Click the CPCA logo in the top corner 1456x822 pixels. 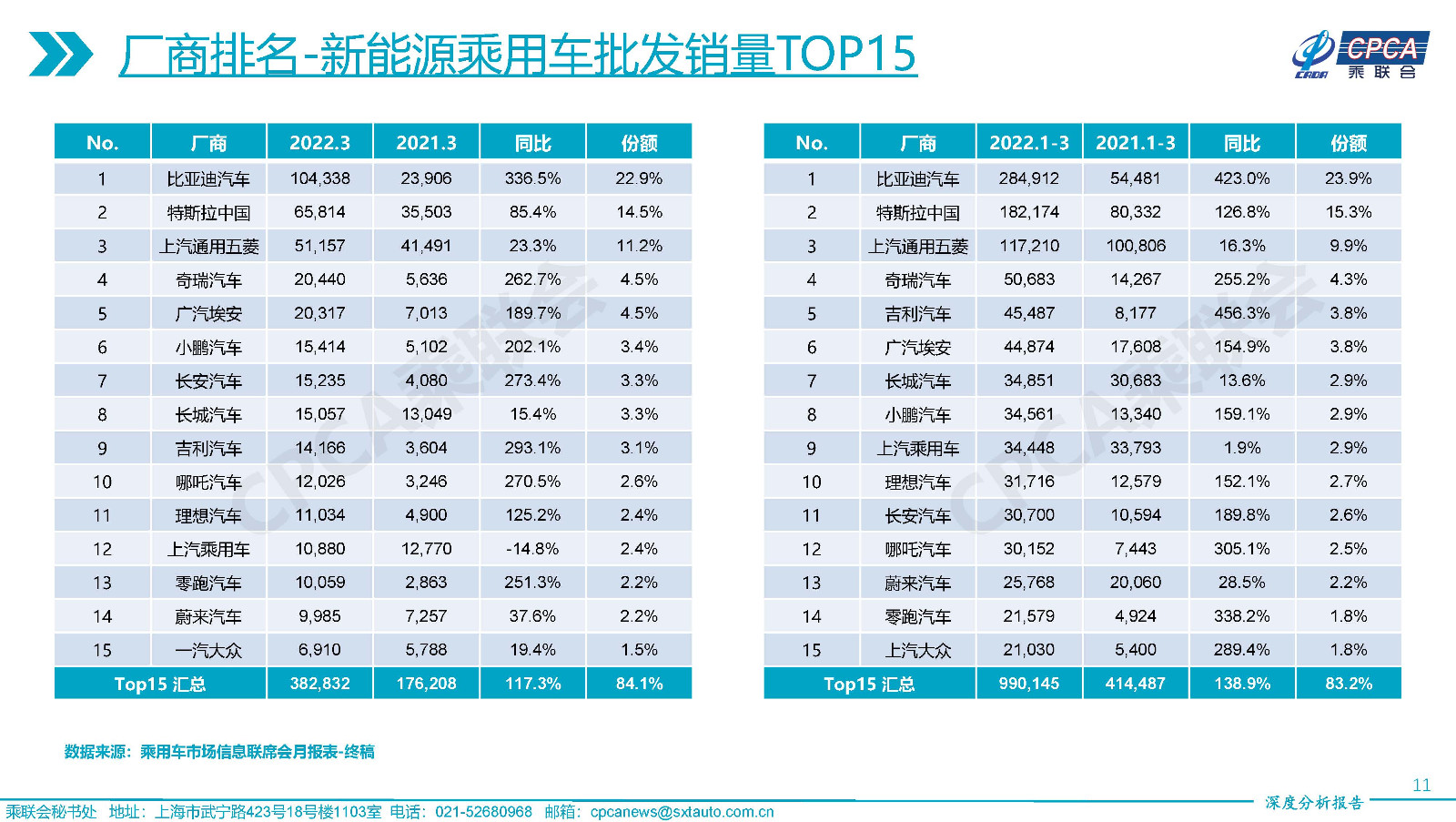[x=1360, y=55]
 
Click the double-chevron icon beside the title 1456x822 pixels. [x=60, y=54]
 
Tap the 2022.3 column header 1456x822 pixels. [x=319, y=143]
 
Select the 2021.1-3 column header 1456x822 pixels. [x=1135, y=143]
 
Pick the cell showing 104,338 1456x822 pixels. [x=319, y=178]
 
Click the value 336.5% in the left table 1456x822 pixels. [x=532, y=178]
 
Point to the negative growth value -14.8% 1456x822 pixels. [x=532, y=549]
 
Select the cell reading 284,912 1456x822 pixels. [x=1028, y=178]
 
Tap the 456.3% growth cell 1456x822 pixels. [x=1241, y=313]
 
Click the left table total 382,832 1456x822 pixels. [x=319, y=684]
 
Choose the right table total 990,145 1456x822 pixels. [x=1028, y=684]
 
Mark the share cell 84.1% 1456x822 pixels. [x=639, y=684]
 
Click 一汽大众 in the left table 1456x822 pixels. [x=208, y=651]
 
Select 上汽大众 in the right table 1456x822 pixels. [x=917, y=651]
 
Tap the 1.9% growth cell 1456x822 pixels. [x=1241, y=448]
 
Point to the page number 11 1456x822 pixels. [x=1421, y=785]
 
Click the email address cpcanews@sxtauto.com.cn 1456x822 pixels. [x=682, y=812]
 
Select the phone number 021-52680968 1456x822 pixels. [x=483, y=812]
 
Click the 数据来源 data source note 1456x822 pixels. [x=219, y=752]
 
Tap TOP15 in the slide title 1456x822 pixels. [x=845, y=54]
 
